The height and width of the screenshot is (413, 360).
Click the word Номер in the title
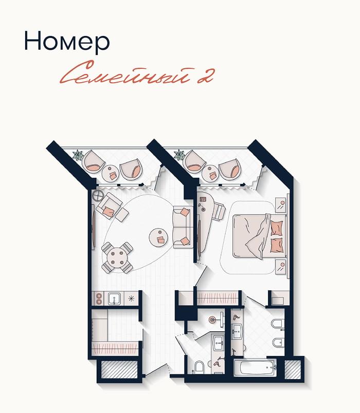tap(67, 41)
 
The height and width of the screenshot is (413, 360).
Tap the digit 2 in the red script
tap(205, 77)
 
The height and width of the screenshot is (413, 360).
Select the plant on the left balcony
tap(78, 155)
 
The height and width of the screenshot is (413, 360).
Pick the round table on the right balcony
tap(210, 173)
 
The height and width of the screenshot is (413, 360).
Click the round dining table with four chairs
tap(117, 257)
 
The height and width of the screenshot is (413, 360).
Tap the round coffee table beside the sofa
tap(158, 237)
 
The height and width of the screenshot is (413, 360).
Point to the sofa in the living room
tap(183, 228)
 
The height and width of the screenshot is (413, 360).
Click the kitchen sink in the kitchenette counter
tap(114, 298)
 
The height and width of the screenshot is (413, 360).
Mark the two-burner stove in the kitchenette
tap(99, 298)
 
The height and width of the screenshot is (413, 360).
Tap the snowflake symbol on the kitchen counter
tap(131, 298)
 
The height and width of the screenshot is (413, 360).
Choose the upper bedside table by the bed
tap(281, 205)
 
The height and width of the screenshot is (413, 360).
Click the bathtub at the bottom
tap(255, 368)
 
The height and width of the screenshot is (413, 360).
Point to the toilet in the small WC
tap(199, 367)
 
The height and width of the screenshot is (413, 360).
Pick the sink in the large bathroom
tap(237, 331)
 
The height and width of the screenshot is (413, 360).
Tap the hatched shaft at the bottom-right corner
tap(293, 369)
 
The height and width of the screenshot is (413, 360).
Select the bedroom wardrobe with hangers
tap(218, 298)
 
